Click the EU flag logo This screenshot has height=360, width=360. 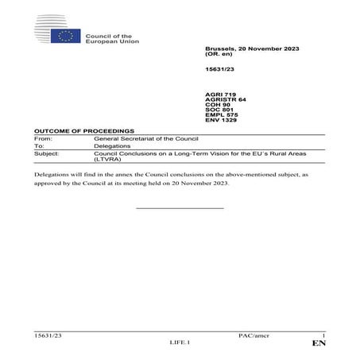[x=64, y=36]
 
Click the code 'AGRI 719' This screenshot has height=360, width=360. [x=220, y=94]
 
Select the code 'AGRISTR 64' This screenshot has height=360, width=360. [x=224, y=99]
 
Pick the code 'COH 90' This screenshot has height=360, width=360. [x=218, y=106]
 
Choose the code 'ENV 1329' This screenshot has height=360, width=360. [x=221, y=123]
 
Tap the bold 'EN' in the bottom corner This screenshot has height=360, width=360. [x=319, y=344]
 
